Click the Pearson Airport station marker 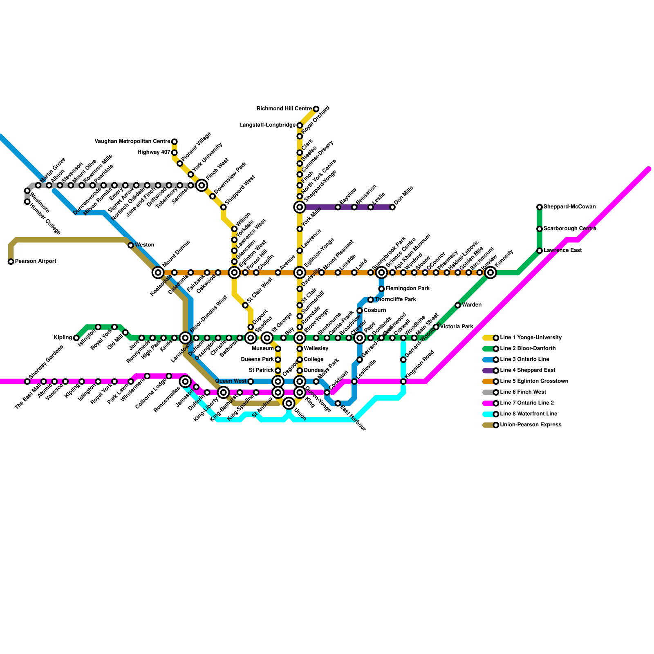[11, 262]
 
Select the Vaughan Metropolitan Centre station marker [175, 142]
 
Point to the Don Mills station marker [392, 207]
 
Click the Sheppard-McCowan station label [569, 207]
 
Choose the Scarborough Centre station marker [540, 229]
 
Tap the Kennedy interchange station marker [490, 273]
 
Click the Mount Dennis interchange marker [158, 273]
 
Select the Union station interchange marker [289, 403]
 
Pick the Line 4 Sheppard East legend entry [527, 370]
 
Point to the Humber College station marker [27, 202]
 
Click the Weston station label [144, 245]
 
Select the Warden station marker [458, 305]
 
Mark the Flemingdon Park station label [408, 289]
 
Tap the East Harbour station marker [338, 403]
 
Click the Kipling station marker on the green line [76, 338]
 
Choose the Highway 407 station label [154, 152]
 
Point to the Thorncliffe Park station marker [371, 300]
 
